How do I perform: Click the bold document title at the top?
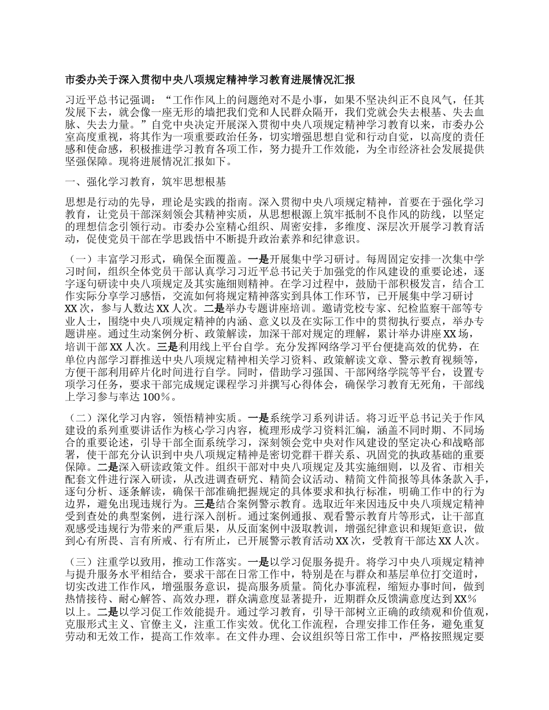click(210, 79)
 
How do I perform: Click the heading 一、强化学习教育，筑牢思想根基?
click(146, 182)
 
